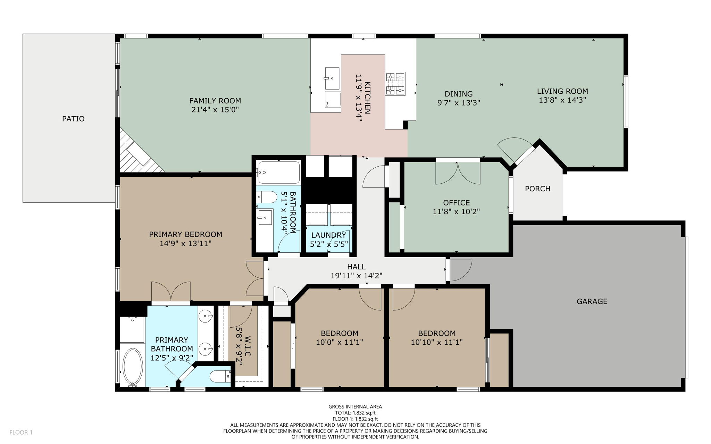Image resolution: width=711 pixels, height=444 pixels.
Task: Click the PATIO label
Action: (73, 119)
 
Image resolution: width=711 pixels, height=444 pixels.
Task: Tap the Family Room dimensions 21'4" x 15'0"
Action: (215, 110)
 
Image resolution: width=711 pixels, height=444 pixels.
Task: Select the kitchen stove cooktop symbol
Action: (395, 83)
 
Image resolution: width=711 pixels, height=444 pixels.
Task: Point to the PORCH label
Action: (537, 189)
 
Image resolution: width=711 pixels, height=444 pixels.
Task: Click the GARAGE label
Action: (592, 301)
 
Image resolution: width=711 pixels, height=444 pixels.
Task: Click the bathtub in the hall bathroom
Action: (278, 173)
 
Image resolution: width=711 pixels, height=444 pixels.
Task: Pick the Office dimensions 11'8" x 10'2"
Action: (456, 211)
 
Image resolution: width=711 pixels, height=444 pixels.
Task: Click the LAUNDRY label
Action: (328, 235)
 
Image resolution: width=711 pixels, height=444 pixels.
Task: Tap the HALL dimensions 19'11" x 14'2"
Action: (356, 276)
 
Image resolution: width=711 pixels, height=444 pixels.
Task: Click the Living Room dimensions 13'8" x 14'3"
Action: (562, 100)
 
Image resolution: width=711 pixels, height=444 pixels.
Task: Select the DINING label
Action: (459, 94)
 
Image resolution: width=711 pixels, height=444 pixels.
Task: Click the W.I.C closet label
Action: (248, 346)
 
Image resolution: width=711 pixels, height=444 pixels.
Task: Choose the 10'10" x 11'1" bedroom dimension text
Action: (437, 342)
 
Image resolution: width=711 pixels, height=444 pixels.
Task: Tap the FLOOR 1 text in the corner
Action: (21, 432)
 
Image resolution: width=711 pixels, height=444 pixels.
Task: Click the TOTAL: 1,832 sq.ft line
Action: (355, 413)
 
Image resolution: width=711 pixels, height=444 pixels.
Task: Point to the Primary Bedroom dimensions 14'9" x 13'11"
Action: (185, 243)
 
